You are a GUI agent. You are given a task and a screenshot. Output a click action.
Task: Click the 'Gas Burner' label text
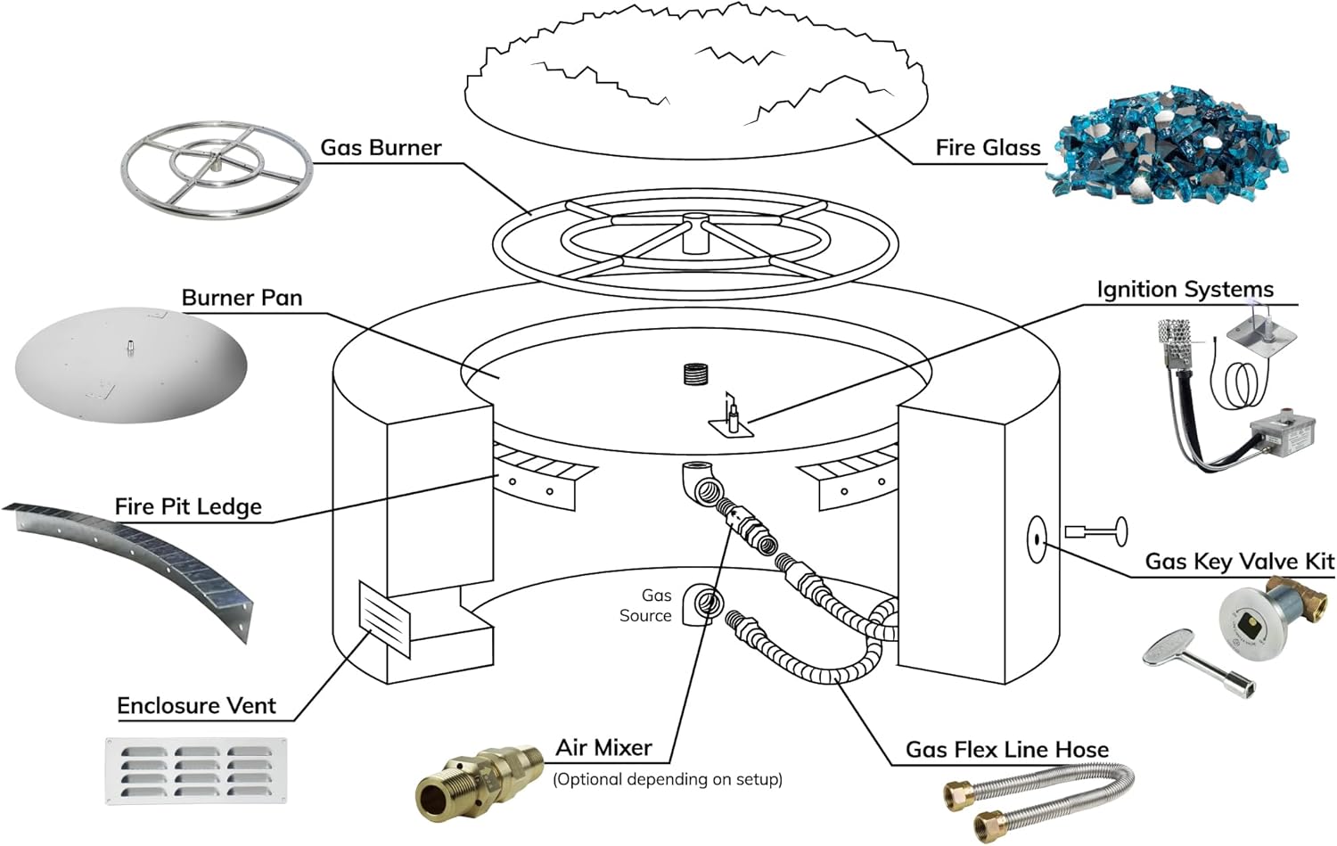coord(381,148)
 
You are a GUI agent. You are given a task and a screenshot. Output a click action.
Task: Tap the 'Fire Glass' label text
coord(988,148)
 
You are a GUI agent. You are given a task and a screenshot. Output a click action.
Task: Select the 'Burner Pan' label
coord(242,298)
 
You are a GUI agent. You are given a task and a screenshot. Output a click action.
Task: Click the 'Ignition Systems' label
coord(1185,290)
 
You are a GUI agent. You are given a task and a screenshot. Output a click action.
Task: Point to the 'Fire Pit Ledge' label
coord(188,507)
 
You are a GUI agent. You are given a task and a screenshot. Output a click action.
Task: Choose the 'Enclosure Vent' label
coord(196,706)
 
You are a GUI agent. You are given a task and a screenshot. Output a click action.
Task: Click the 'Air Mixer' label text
coord(603,748)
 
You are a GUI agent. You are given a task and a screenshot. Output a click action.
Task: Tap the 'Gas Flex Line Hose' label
coord(1007,750)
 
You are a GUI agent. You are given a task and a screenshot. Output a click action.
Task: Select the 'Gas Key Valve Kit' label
coord(1239,562)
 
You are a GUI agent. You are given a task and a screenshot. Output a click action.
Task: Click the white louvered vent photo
coord(196,771)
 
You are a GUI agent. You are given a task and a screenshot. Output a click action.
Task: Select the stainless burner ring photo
coord(217,168)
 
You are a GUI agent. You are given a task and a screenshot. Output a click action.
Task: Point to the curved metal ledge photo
coord(134,562)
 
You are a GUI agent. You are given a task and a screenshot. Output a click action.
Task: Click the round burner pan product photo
coord(130,364)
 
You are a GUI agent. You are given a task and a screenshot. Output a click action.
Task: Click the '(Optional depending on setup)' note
coord(667,779)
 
